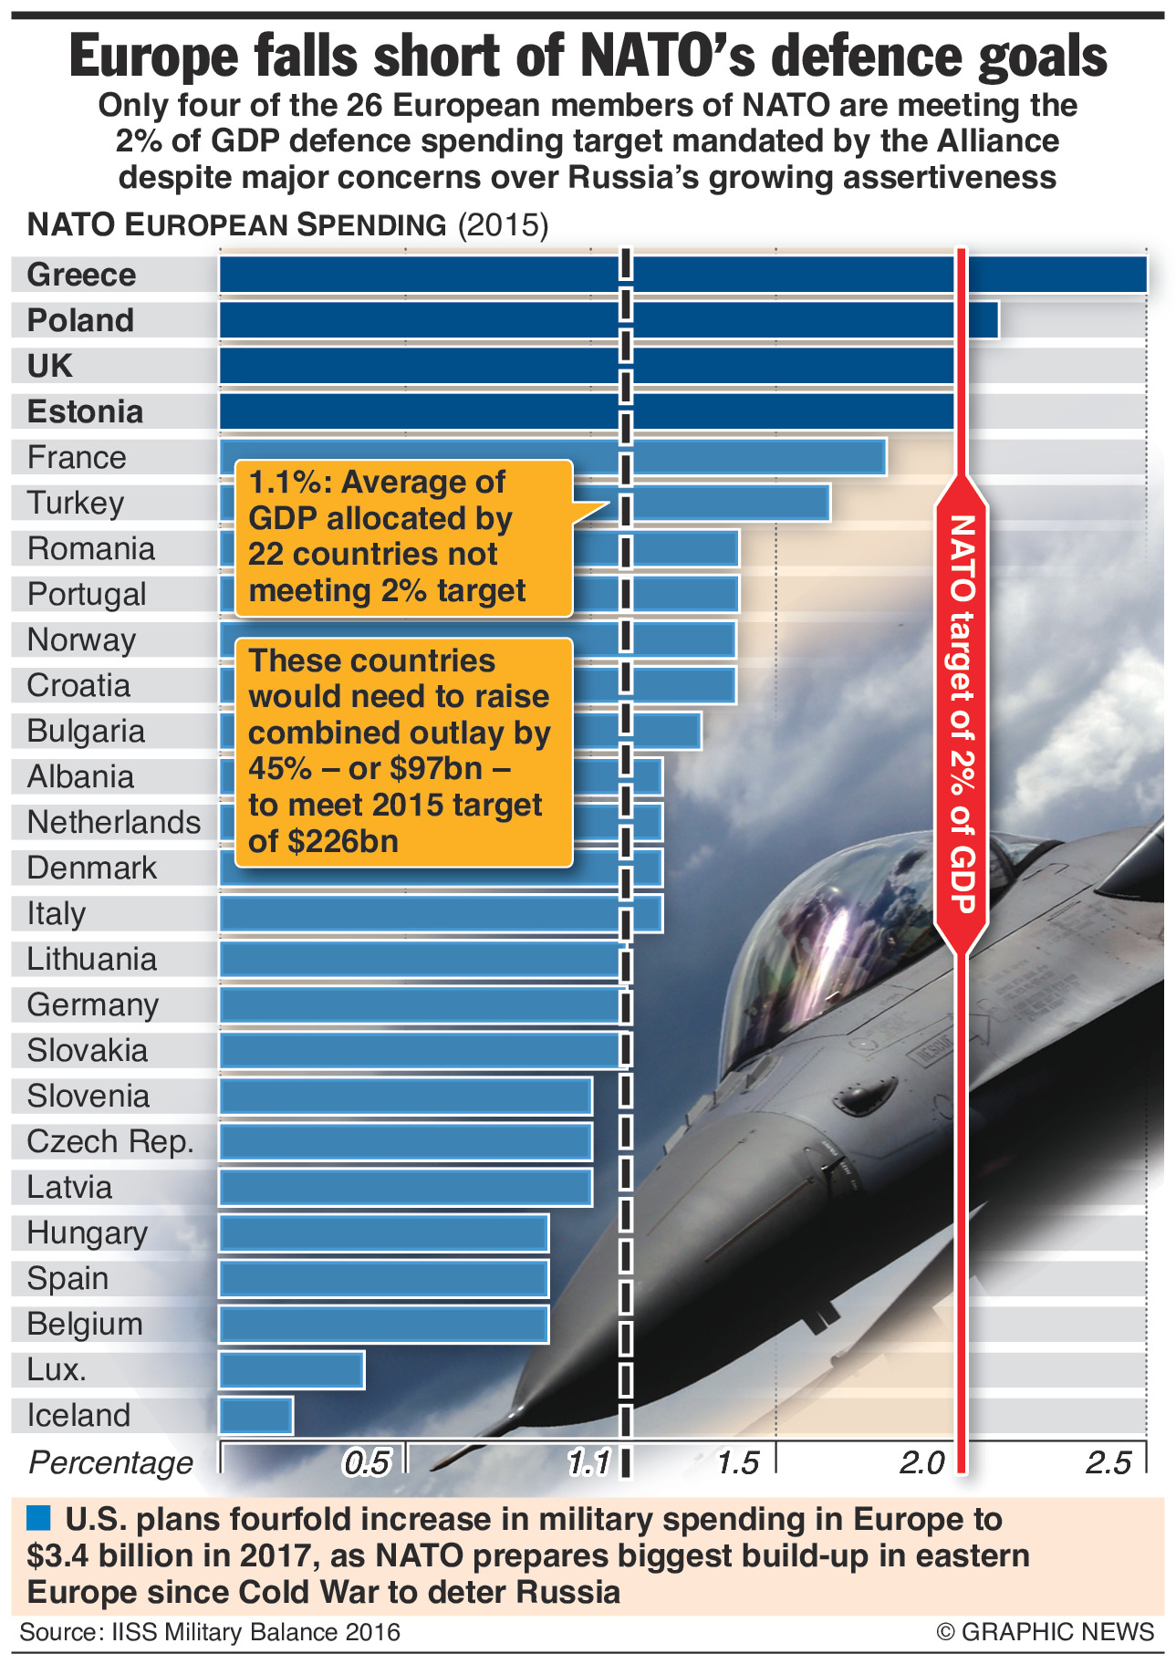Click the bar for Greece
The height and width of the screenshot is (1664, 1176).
coord(682,275)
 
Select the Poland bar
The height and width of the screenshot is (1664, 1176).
coord(609,320)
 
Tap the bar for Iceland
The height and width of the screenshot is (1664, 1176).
coord(256,1415)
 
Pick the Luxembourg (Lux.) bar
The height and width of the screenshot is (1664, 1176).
coord(292,1369)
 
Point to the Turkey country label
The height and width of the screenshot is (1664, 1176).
coord(76,503)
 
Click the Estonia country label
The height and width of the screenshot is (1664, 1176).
coord(85,411)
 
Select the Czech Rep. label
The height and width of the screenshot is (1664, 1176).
coord(110,1141)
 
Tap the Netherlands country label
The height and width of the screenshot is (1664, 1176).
coord(114,822)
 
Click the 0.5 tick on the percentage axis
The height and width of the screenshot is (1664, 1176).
coord(367,1463)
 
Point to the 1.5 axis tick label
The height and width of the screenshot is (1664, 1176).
coord(737,1463)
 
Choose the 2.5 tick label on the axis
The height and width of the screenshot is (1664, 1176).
coord(1108,1463)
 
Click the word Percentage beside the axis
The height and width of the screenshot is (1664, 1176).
coord(110,1463)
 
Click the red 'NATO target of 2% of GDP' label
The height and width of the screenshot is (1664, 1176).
coord(962,712)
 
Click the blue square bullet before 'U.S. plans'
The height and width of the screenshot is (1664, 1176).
coord(38,1519)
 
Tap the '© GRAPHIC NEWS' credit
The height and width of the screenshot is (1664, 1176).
coord(1045,1631)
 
